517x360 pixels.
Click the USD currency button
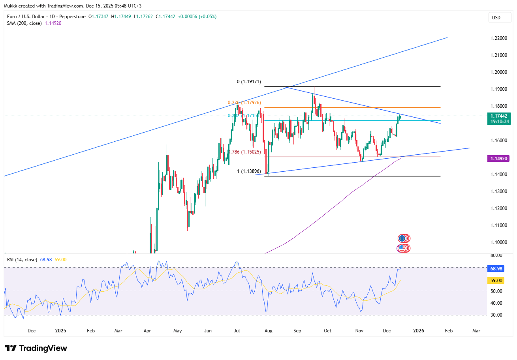496,17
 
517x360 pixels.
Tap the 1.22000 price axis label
499,38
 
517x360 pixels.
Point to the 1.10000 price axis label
499,242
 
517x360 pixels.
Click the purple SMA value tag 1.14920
499,158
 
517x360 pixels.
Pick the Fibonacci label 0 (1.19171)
248,82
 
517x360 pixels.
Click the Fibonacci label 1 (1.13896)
248,171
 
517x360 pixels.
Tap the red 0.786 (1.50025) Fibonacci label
244,152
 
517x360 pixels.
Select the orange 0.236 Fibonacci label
243,103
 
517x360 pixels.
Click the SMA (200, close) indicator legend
34,23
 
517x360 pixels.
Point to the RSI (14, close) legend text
22,260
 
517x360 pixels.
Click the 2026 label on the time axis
418,330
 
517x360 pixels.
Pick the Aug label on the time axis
268,330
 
